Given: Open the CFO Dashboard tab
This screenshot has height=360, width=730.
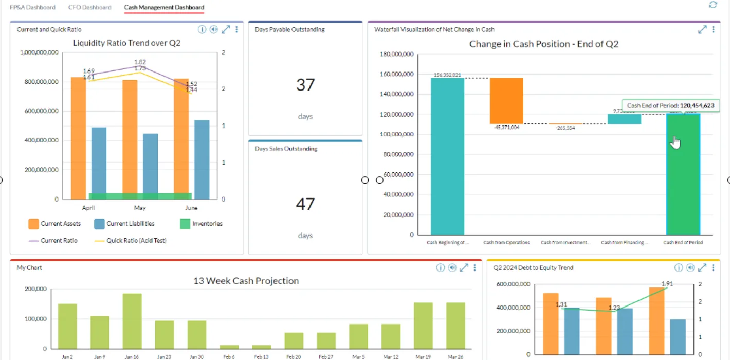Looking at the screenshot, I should pos(89,7).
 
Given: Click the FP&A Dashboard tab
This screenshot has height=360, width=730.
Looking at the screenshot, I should pos(32,7).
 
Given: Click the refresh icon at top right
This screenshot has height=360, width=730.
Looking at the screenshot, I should pos(713,5).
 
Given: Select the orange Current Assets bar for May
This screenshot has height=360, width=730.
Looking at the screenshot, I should pos(130,139).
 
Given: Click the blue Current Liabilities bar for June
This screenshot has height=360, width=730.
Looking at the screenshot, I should pos(202,159).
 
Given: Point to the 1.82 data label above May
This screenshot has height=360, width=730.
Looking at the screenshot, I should pos(140,62).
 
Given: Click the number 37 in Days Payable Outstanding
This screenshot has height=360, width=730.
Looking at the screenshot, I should pos(305,85).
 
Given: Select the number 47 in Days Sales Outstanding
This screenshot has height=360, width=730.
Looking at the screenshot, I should pos(305,204).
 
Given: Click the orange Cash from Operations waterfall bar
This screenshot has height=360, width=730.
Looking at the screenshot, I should pos(506,101).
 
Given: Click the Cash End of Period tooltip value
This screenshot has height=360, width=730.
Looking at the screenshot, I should pos(697,105).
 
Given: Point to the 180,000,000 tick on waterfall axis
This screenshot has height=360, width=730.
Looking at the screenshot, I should pos(397,54).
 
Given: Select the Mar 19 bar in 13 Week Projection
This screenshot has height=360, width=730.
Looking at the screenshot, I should pos(423,326).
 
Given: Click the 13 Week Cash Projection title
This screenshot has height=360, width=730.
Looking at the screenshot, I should pos(246,281).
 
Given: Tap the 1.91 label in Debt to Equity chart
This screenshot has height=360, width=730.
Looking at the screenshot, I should pos(667,284).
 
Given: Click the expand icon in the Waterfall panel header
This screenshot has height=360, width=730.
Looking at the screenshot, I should pos(702,30).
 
